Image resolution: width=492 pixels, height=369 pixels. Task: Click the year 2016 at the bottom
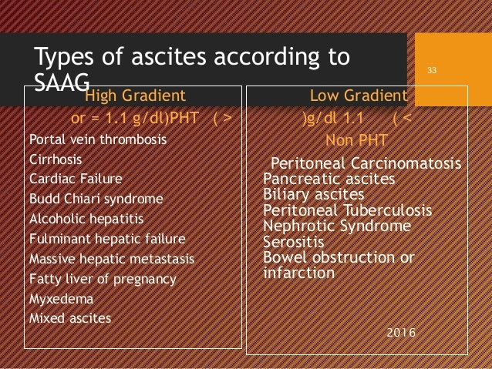pos(399,333)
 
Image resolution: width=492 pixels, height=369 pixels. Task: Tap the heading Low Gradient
pos(358,96)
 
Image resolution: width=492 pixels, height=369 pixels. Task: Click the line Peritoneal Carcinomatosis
pos(366,165)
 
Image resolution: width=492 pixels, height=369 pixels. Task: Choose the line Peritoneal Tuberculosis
pos(348,211)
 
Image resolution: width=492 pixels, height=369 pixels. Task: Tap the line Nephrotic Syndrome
pos(337,226)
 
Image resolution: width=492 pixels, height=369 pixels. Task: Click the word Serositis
pos(291,242)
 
